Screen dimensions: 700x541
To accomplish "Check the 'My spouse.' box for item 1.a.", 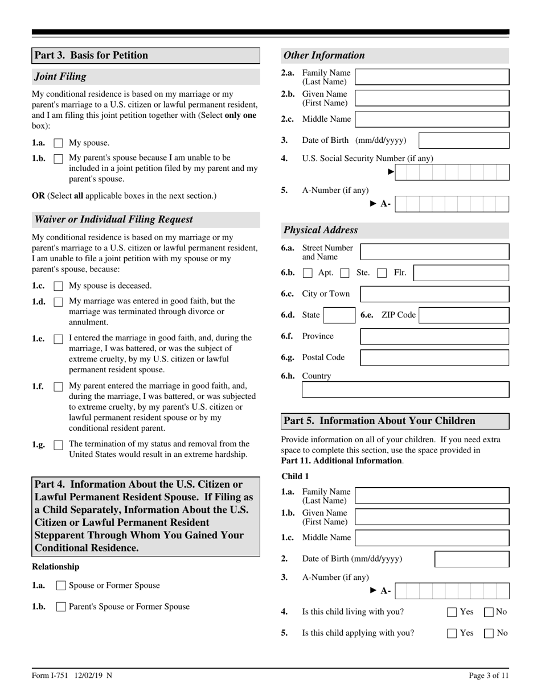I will [58, 143].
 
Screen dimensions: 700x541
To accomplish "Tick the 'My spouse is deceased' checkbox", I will [58, 286].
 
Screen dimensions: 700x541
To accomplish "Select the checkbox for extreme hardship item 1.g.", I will [58, 445].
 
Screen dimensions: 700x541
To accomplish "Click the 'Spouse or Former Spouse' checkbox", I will [62, 586].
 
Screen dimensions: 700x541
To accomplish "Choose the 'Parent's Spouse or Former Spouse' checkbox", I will [62, 607].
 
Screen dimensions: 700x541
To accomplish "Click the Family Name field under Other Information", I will [432, 77].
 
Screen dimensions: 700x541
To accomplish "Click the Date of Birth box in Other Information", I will [464, 141].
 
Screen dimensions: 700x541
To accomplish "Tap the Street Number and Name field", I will [435, 252].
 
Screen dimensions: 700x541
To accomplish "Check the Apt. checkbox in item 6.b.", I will [308, 273].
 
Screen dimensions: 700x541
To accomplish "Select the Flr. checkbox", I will [382, 273].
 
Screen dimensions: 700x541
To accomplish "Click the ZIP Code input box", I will [464, 315].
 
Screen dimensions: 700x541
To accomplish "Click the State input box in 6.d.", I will [339, 315].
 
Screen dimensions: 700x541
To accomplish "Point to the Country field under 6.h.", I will [405, 390].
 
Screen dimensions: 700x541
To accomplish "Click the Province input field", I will [435, 336].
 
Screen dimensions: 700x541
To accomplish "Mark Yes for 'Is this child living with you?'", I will [452, 612].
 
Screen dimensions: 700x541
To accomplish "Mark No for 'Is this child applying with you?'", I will [489, 633].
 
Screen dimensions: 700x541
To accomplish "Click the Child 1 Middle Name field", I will [432, 538].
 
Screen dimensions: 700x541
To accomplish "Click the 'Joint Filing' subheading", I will [61, 76].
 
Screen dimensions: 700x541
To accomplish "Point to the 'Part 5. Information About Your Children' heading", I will [379, 421].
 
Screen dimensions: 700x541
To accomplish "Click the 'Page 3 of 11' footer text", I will [489, 676].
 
